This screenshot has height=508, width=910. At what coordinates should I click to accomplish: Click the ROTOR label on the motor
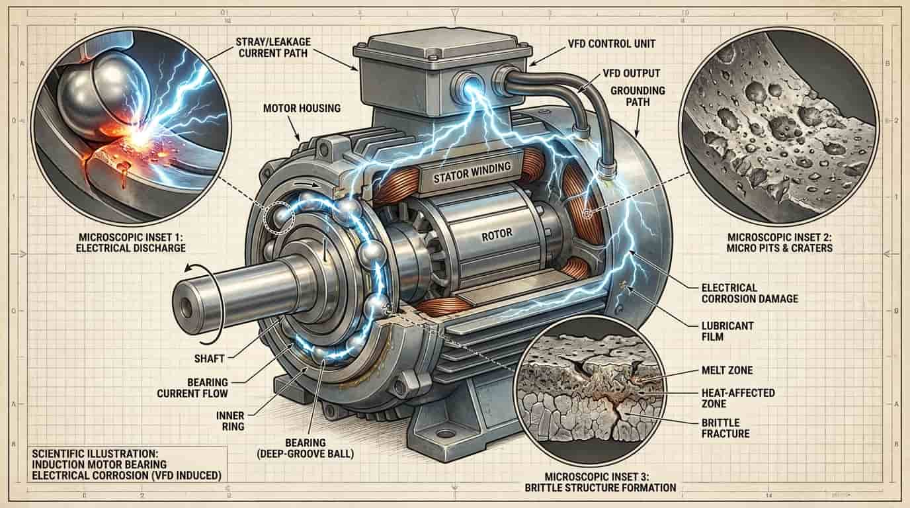(x=497, y=235)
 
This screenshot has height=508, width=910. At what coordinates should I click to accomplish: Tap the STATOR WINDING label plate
(x=472, y=173)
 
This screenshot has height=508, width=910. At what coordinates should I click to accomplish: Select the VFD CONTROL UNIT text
(x=611, y=44)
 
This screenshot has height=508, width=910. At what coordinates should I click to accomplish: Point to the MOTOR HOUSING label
(x=302, y=108)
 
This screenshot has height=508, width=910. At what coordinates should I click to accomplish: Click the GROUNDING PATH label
(x=638, y=96)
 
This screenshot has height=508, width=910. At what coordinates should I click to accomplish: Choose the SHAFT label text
(x=209, y=359)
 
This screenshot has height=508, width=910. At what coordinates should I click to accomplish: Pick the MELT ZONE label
(x=727, y=370)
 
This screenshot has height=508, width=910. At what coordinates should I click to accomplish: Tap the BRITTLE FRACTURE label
(x=725, y=429)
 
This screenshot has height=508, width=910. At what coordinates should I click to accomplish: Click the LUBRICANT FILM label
(x=727, y=331)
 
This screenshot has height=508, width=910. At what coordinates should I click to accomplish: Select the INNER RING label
(x=230, y=421)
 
